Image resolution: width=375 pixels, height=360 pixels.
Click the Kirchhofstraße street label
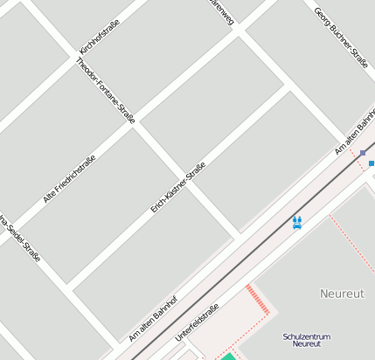point(99,38)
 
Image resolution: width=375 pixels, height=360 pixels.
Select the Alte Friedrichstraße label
point(69,179)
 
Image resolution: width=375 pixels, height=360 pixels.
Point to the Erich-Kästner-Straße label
point(177,187)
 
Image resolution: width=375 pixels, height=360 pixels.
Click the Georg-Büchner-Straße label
point(341,33)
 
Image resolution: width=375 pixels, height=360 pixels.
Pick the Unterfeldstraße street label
point(197,322)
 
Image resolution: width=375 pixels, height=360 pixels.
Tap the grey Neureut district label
point(342,293)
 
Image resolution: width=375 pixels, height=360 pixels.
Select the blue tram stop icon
point(297,222)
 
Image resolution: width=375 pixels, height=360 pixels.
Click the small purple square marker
point(363,153)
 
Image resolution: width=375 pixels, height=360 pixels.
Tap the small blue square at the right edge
point(372,163)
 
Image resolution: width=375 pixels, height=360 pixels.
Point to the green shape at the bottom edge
point(228,356)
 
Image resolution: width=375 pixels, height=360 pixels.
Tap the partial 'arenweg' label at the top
point(222,11)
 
